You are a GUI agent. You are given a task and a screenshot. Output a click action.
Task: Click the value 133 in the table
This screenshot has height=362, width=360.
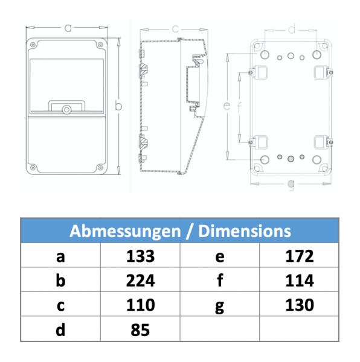pyautogui.click(x=141, y=256)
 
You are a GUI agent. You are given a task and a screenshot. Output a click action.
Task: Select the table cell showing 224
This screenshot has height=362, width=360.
pyautogui.click(x=141, y=281)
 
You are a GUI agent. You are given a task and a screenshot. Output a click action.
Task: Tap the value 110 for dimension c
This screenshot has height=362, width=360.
pyautogui.click(x=141, y=305)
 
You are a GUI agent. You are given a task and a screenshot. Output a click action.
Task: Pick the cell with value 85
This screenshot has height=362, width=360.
pyautogui.click(x=141, y=329)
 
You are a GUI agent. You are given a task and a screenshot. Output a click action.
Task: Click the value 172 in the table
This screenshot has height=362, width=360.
pyautogui.click(x=299, y=256)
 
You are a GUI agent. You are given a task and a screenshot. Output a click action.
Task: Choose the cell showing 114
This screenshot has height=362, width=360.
pyautogui.click(x=299, y=281)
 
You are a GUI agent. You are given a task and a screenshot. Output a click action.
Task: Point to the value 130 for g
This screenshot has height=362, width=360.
pyautogui.click(x=299, y=305)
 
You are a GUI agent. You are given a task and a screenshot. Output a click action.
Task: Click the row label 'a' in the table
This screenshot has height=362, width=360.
pyautogui.click(x=60, y=257)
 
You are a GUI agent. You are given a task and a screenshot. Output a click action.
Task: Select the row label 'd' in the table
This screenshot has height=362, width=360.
pyautogui.click(x=60, y=329)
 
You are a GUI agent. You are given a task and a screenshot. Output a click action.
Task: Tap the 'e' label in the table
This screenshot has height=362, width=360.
pyautogui.click(x=219, y=257)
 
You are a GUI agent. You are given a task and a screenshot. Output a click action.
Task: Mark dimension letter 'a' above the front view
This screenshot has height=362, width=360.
pyautogui.click(x=68, y=28)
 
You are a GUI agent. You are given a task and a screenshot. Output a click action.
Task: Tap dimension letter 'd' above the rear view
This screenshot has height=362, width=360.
pyautogui.click(x=291, y=29)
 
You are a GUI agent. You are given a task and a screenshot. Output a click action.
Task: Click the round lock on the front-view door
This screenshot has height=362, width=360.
pyautogui.click(x=66, y=109)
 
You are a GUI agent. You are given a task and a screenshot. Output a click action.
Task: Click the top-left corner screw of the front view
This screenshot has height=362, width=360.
pyautogui.click(x=34, y=44)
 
